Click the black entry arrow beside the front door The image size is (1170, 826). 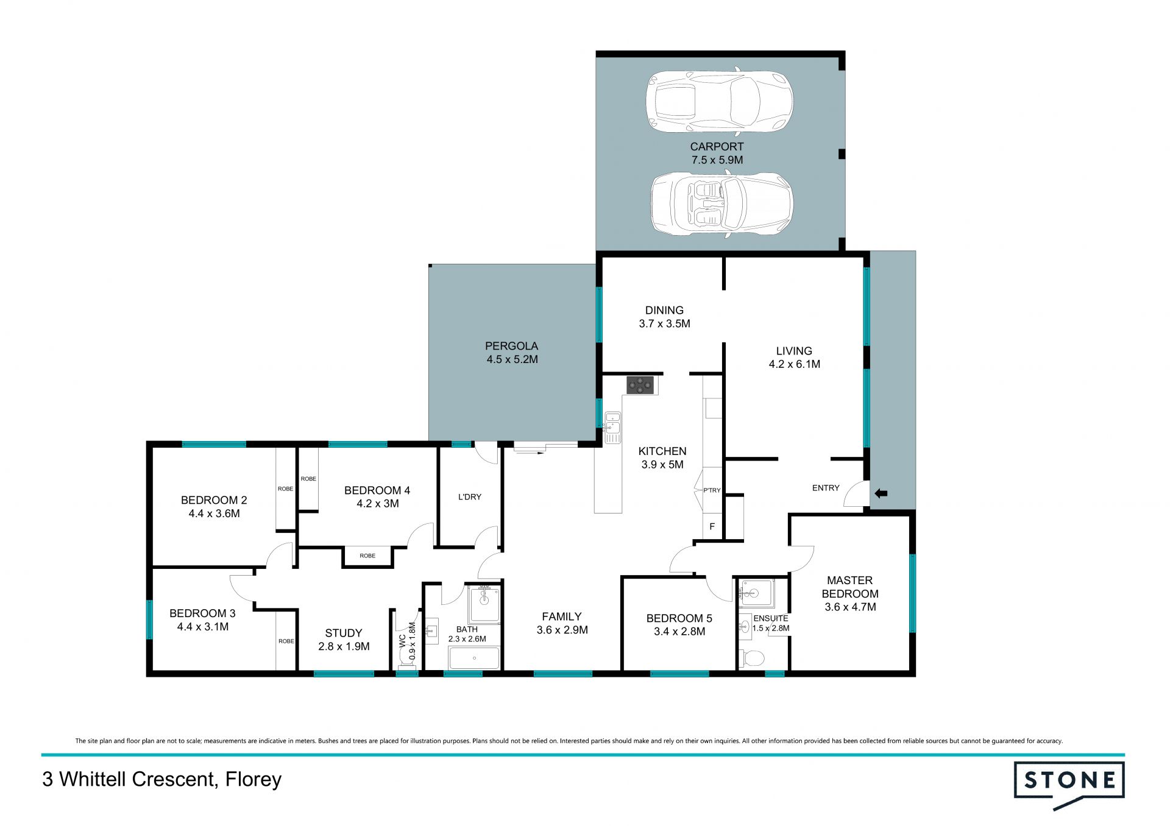[x=881, y=493]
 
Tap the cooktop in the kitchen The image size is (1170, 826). [x=640, y=385]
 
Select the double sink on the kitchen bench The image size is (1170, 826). [x=612, y=428]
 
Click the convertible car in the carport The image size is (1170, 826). [x=722, y=204]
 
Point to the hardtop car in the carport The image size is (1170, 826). [x=720, y=101]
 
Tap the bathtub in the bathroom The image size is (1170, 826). [x=474, y=658]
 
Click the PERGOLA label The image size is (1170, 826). [x=511, y=346]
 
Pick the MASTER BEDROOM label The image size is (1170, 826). [x=850, y=587]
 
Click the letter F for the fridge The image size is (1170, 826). [x=712, y=527]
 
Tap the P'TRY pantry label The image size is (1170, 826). [x=712, y=490]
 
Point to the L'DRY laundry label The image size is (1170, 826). [x=470, y=497]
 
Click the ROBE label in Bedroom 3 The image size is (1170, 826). [x=286, y=641]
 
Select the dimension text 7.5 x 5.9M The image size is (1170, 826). [x=717, y=160]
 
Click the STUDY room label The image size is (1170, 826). [x=344, y=634]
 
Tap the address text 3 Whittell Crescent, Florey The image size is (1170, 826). [x=162, y=780]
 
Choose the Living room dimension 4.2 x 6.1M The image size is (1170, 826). [x=795, y=364]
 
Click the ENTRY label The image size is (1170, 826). [x=826, y=488]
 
